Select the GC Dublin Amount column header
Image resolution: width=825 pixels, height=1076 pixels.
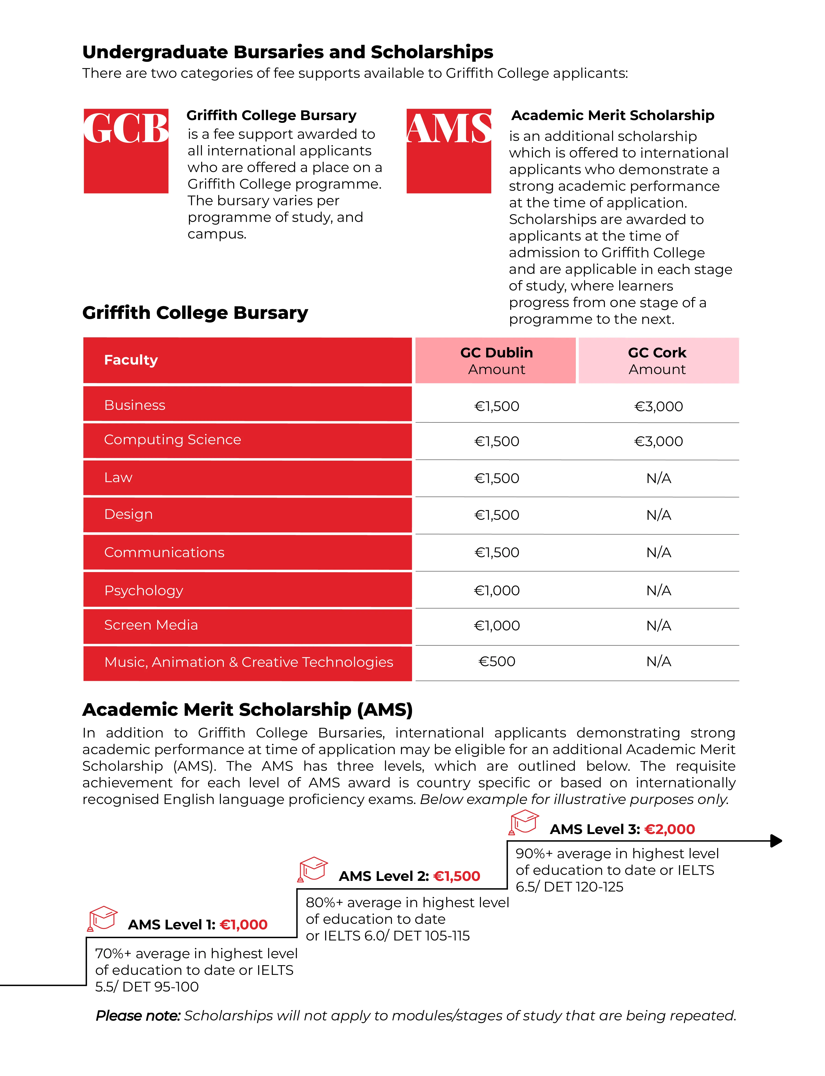tap(496, 360)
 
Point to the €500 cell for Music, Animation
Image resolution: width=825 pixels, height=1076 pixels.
tap(497, 661)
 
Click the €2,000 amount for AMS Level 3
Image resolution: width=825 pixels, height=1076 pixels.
tap(669, 829)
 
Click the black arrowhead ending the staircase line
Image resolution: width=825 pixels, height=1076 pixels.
tap(776, 841)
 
